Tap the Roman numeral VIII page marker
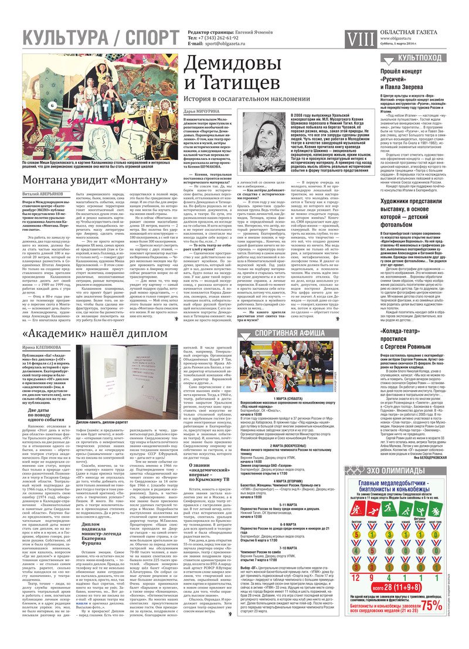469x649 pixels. (358, 39)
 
